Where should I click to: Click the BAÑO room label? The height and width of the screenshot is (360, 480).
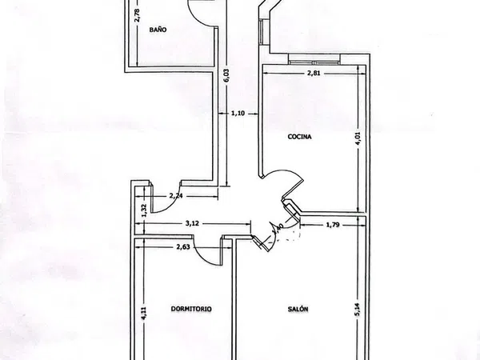[158, 30]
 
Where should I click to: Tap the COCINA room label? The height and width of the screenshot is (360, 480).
[300, 137]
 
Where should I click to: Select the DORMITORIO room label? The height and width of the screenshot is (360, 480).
[191, 309]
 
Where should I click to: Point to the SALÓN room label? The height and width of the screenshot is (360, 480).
[298, 309]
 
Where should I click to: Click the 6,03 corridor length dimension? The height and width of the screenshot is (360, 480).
[226, 75]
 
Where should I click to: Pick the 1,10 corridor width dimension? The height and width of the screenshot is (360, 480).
[238, 114]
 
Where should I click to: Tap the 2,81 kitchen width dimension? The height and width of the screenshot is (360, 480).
[314, 73]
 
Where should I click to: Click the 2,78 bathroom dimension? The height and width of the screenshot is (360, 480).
[137, 15]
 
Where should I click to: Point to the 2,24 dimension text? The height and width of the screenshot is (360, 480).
[176, 196]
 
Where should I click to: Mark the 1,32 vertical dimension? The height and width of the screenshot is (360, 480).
[145, 210]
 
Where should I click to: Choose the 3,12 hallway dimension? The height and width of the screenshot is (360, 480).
[192, 223]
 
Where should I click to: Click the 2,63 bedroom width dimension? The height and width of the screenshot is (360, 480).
[183, 246]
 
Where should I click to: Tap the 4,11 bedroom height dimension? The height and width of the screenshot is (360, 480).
[144, 314]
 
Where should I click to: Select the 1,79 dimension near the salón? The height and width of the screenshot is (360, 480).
[333, 225]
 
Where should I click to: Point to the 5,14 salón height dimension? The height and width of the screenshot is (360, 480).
[358, 310]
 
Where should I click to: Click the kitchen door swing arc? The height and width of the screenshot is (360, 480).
[290, 173]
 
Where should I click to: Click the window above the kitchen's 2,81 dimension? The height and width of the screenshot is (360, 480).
[314, 59]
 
